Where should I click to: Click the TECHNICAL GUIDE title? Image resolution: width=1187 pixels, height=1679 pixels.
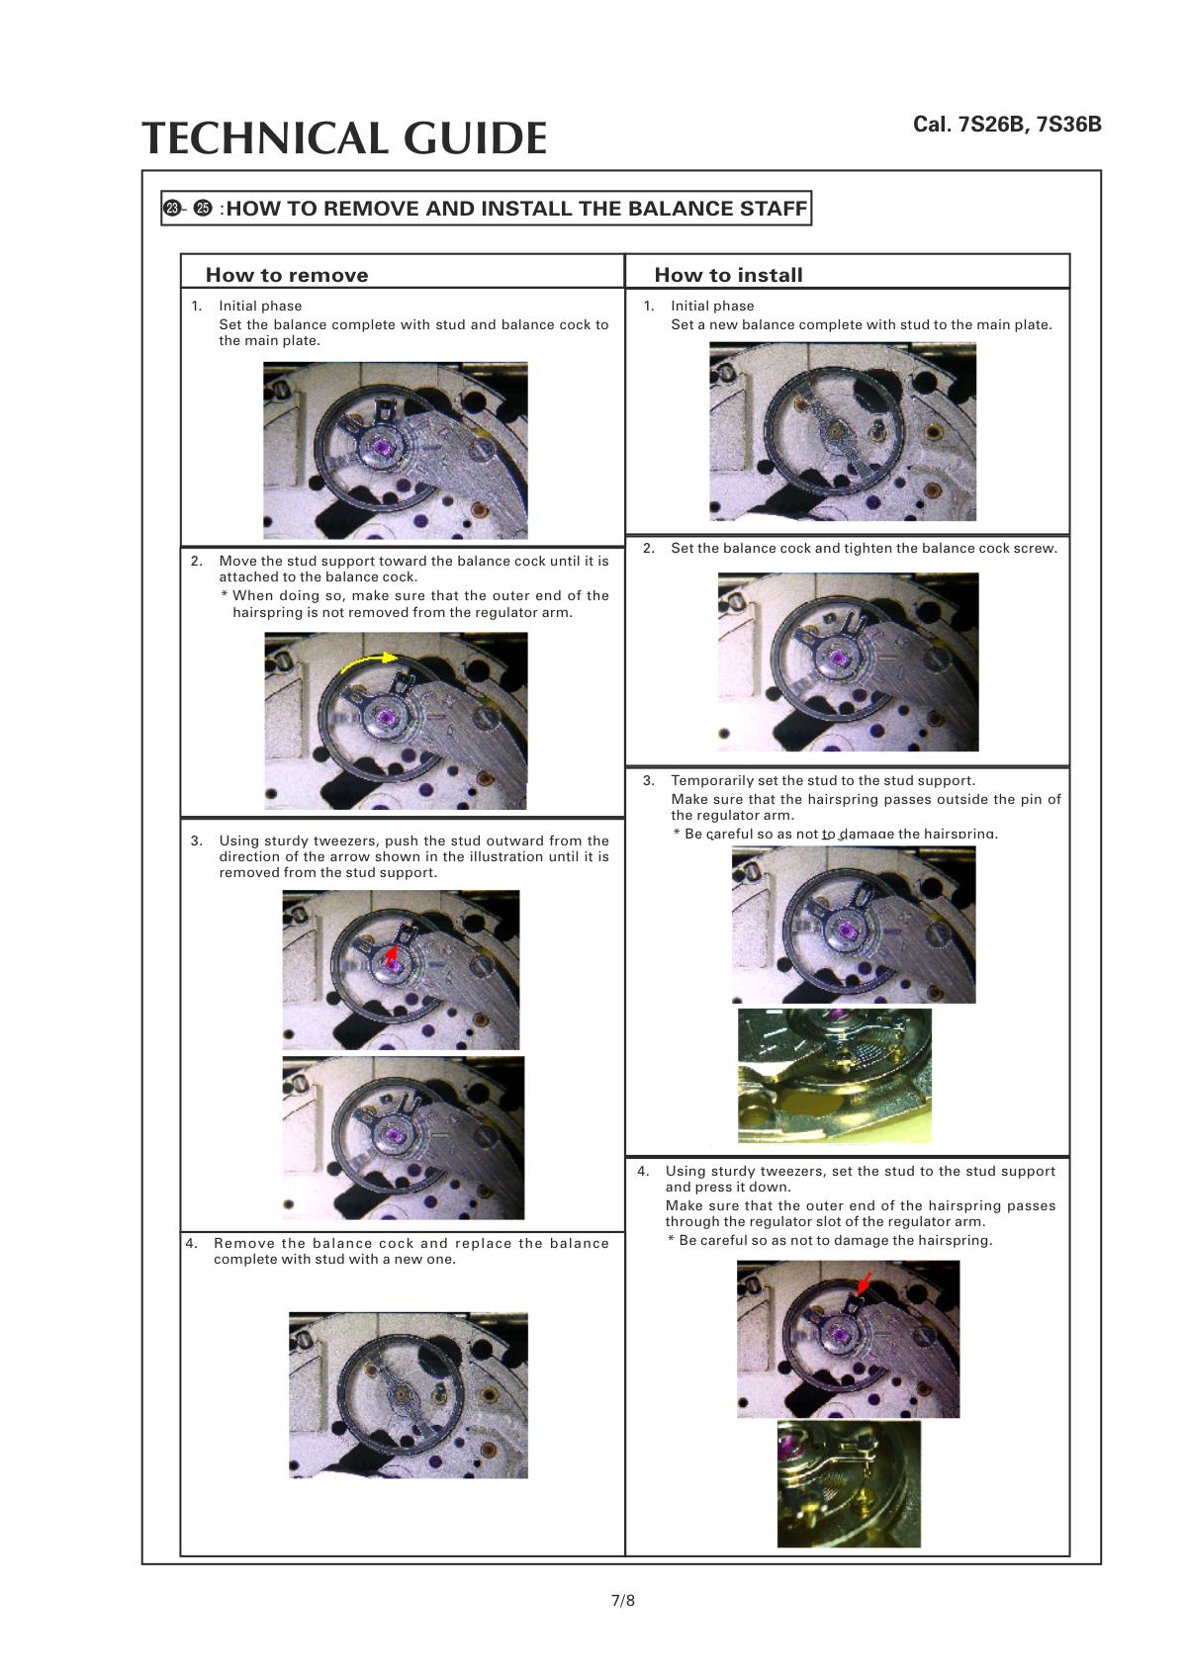click(344, 138)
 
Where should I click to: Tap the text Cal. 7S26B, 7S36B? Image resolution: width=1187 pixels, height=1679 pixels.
click(1006, 125)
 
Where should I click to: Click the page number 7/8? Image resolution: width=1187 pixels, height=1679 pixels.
click(622, 1600)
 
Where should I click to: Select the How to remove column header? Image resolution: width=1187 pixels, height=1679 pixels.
click(286, 275)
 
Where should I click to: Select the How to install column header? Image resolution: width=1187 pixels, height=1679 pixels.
click(728, 275)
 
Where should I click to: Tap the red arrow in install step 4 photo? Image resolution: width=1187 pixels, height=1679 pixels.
click(864, 1283)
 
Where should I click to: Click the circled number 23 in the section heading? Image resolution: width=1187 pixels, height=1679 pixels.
click(172, 209)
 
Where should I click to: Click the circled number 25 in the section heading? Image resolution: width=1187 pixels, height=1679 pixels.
click(203, 209)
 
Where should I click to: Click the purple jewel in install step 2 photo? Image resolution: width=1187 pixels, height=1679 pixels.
click(840, 658)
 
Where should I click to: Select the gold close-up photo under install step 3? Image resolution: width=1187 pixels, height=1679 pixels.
click(834, 1075)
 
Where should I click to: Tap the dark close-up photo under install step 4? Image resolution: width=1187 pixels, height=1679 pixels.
click(848, 1483)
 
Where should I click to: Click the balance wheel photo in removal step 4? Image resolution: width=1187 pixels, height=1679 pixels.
click(408, 1394)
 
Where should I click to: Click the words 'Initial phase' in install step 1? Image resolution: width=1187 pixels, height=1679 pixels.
click(711, 306)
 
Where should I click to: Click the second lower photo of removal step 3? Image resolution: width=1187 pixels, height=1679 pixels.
click(403, 1137)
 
